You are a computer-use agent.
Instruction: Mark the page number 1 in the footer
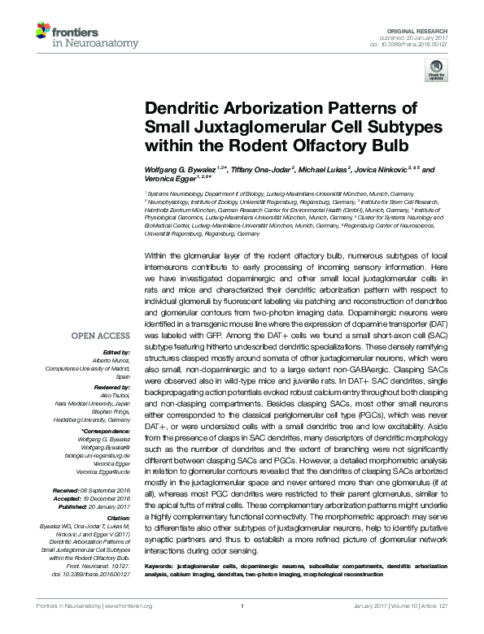pos(242,626)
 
